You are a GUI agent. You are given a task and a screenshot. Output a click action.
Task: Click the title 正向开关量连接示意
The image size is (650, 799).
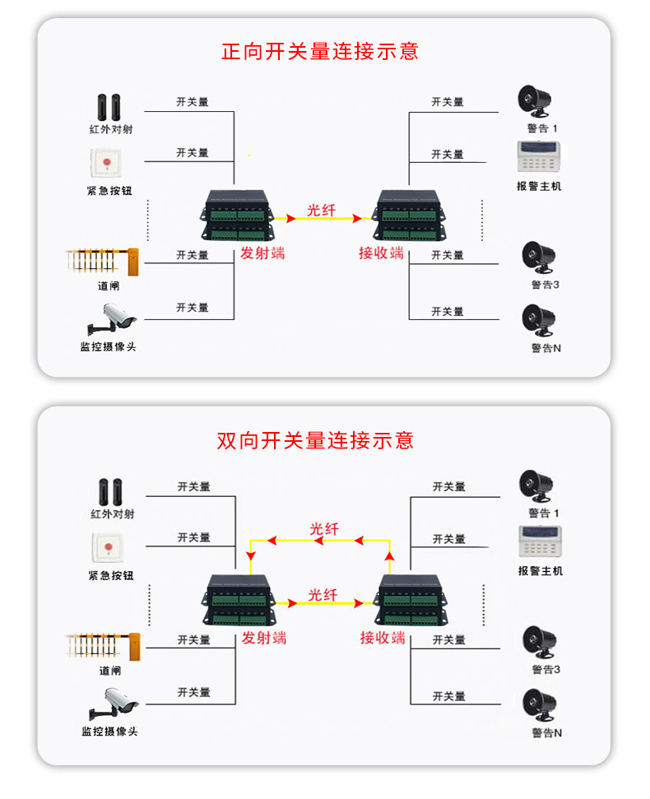pyautogui.click(x=320, y=51)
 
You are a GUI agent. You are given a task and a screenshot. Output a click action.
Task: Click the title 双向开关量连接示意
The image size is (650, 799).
pyautogui.click(x=315, y=440)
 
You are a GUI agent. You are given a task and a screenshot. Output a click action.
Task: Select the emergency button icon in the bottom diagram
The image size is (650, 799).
pyautogui.click(x=105, y=547)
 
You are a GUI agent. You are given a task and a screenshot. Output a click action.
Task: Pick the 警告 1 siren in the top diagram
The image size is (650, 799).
pyautogui.click(x=534, y=101)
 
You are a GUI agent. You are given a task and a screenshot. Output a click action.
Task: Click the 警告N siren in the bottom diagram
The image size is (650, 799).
pyautogui.click(x=539, y=705)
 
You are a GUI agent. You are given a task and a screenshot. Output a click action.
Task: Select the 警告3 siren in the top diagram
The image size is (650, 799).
pyautogui.click(x=540, y=259)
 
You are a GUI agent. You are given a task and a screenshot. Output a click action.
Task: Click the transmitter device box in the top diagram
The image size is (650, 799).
pyautogui.click(x=236, y=215)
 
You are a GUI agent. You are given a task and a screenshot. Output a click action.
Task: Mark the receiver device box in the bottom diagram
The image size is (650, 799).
pyautogui.click(x=409, y=600)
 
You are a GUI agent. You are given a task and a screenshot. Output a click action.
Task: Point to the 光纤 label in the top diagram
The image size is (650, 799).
pyautogui.click(x=322, y=210)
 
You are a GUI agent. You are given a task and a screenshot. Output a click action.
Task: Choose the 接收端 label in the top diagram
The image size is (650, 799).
pyautogui.click(x=381, y=253)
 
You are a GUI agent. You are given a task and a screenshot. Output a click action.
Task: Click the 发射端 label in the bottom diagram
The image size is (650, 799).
pyautogui.click(x=264, y=638)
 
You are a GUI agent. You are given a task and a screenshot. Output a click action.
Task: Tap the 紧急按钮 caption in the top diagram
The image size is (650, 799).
pyautogui.click(x=109, y=190)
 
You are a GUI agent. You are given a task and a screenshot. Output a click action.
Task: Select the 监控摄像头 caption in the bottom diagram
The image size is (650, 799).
pyautogui.click(x=109, y=731)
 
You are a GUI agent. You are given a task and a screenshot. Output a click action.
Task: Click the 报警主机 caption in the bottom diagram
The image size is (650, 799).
pyautogui.click(x=540, y=571)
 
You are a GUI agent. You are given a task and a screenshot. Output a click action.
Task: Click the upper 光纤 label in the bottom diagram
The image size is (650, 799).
pyautogui.click(x=323, y=529)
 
